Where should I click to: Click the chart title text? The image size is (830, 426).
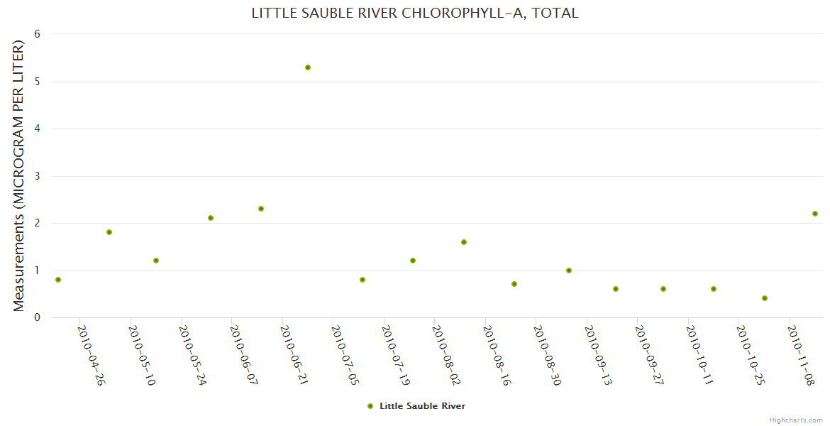click(415, 13)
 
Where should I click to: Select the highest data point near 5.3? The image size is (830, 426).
click(308, 67)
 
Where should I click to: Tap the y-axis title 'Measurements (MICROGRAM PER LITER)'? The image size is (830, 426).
click(19, 175)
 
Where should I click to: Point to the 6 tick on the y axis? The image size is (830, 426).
click(37, 34)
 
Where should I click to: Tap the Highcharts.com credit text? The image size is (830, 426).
click(796, 420)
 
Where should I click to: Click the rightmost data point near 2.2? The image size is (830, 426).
click(815, 214)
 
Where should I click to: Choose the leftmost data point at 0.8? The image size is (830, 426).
click(58, 280)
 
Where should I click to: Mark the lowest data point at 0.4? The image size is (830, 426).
click(765, 298)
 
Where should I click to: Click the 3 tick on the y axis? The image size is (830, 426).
click(37, 176)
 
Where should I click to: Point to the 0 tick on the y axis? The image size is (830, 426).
click(37, 317)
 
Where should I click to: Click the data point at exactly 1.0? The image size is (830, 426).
click(569, 271)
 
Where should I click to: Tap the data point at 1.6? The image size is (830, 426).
click(464, 242)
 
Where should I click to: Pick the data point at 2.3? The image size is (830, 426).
click(261, 209)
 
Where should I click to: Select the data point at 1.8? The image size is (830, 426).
click(109, 232)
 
